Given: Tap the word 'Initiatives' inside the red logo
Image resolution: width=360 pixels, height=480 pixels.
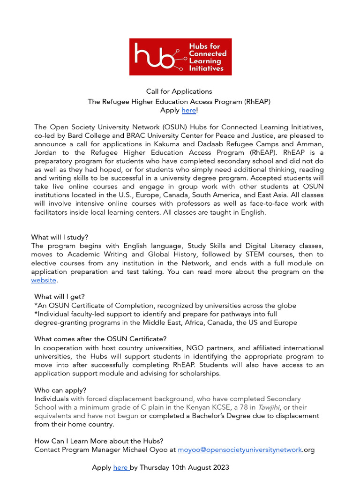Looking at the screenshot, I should click(206, 68).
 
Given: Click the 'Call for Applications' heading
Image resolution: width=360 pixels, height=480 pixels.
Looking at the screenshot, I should click(179, 91).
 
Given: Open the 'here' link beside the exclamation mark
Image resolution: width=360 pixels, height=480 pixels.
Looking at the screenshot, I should click(188, 110).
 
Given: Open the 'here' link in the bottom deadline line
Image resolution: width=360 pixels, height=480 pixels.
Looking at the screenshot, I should click(120, 467).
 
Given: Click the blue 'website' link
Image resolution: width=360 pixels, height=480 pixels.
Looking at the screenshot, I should click(44, 280).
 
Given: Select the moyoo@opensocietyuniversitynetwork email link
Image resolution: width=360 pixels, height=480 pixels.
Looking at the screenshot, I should click(240, 450).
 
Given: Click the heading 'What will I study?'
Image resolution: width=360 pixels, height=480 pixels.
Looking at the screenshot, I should click(60, 237).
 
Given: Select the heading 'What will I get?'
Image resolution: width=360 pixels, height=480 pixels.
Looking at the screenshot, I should click(60, 297).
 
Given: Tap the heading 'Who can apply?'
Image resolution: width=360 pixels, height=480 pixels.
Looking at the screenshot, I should click(60, 390).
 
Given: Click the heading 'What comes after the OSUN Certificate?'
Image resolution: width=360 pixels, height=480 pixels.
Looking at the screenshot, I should click(100, 339).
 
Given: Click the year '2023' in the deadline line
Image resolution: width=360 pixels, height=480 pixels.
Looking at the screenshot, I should click(219, 467).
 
